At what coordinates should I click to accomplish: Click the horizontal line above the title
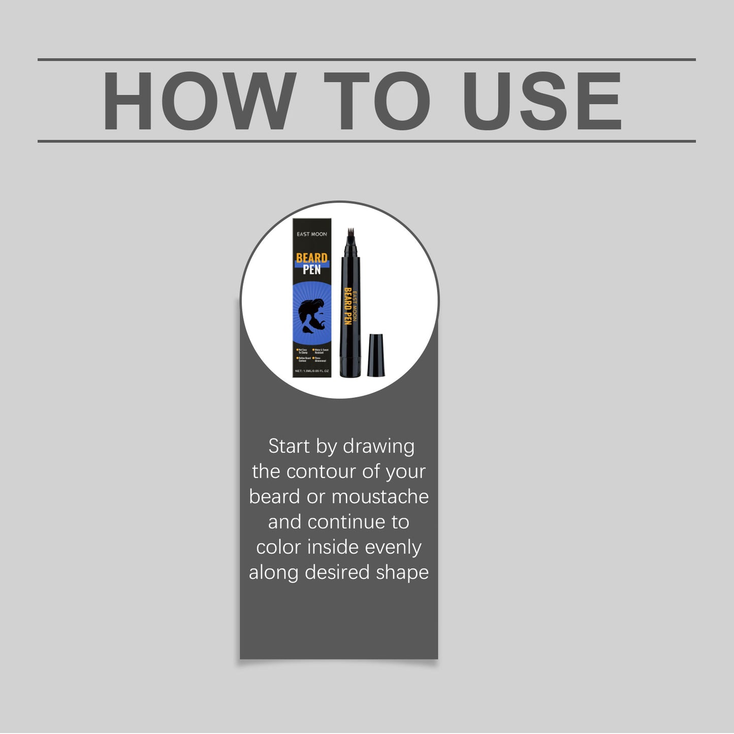(x=366, y=59)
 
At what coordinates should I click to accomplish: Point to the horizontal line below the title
(x=366, y=141)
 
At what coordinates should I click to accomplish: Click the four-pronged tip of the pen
(x=350, y=234)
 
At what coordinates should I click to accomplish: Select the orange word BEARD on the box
(x=311, y=258)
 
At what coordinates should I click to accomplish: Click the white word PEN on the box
(x=311, y=270)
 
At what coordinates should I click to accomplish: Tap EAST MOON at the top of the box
(x=311, y=234)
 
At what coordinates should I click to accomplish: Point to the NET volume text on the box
(x=311, y=371)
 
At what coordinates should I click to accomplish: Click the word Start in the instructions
(x=289, y=446)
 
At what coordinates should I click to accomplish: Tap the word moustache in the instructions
(x=380, y=497)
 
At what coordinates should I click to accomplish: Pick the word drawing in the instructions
(x=378, y=447)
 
